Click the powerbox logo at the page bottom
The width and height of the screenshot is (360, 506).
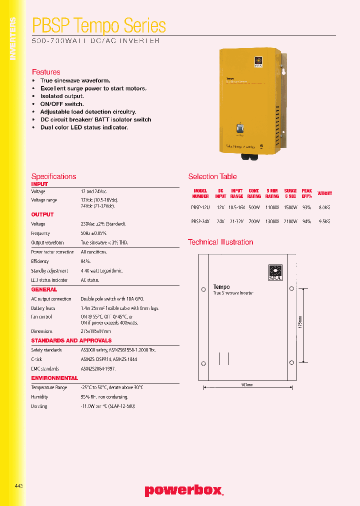[183, 490]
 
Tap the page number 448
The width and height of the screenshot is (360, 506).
[19, 485]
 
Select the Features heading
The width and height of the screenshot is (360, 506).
[46, 72]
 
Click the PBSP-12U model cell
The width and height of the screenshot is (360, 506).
[199, 207]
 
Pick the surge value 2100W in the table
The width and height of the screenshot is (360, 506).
[290, 221]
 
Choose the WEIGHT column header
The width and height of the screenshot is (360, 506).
[324, 193]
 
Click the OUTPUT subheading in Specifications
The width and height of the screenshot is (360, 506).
[42, 214]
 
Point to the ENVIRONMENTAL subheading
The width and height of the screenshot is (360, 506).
[54, 378]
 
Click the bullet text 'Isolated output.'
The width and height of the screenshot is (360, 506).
[62, 96]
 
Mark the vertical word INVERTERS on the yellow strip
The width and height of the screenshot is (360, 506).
[13, 38]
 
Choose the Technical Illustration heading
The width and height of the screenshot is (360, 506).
[220, 242]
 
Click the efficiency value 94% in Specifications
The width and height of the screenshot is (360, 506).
[85, 261]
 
